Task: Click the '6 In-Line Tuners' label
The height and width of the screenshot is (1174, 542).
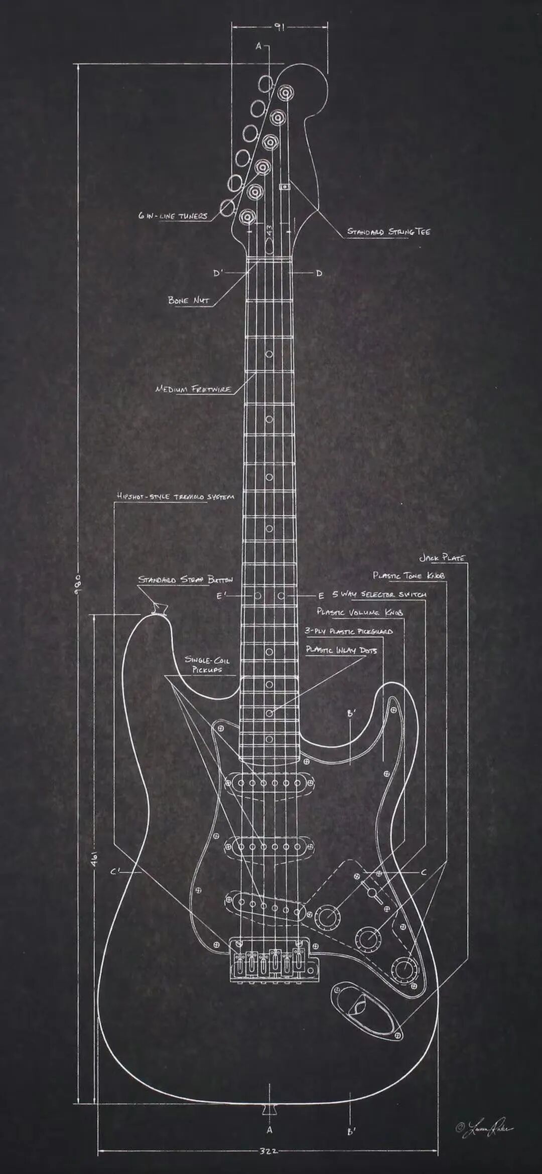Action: [173, 216]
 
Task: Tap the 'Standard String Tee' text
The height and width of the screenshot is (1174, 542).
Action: [389, 232]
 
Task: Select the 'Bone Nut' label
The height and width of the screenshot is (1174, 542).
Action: [188, 300]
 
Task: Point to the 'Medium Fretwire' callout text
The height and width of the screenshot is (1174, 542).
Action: [193, 389]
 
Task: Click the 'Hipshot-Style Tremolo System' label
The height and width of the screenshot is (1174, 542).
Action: [175, 497]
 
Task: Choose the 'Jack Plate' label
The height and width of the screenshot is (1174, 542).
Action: [442, 558]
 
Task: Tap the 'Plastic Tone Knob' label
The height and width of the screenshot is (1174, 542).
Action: [409, 575]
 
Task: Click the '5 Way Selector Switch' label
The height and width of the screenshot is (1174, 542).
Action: [379, 595]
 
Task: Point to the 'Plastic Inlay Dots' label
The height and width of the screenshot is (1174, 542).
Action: [341, 650]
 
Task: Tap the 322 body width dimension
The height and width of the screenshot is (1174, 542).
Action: [268, 1151]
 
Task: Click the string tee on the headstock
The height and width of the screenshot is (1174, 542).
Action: [285, 187]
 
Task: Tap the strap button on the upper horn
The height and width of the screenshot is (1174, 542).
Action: [159, 609]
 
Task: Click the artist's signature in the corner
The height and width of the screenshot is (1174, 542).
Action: [484, 1113]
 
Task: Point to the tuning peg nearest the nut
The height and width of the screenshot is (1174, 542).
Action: [248, 217]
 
